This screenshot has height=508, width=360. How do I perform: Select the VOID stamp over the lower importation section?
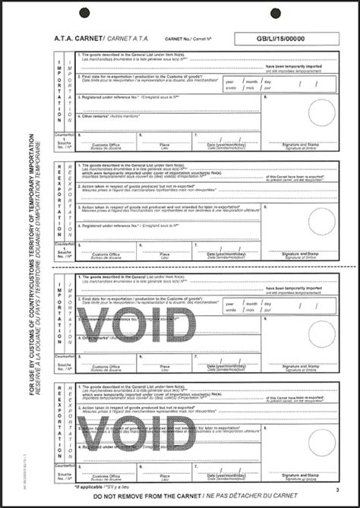(x=137, y=326)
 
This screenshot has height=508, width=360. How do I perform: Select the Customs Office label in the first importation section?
(x=106, y=144)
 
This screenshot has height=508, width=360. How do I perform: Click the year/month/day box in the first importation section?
(x=248, y=83)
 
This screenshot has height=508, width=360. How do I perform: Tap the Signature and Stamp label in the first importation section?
(x=302, y=144)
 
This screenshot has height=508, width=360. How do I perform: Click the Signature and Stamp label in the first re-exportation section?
(x=302, y=254)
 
